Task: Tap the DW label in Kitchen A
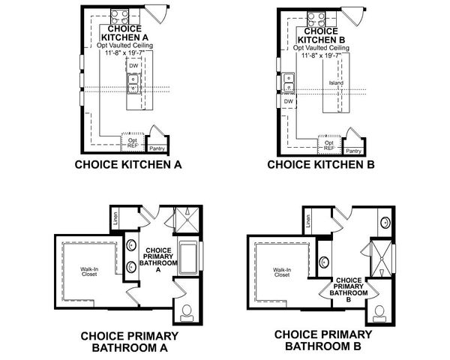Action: (x=133, y=66)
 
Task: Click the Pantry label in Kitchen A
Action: (x=157, y=149)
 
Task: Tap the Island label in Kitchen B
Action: (x=335, y=82)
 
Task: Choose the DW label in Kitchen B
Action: (x=289, y=100)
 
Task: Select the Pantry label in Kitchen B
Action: (x=353, y=149)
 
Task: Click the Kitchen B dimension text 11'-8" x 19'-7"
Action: (x=330, y=55)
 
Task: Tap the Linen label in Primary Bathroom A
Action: (x=114, y=219)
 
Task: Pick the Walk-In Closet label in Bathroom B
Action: (x=281, y=272)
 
